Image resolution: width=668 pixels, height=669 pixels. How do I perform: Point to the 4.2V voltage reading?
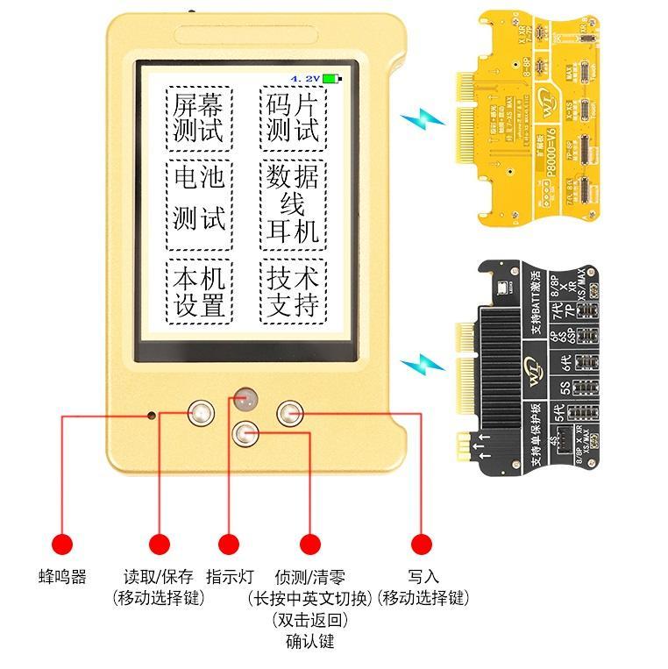pos(305,79)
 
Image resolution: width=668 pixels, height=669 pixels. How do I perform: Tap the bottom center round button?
pos(245,433)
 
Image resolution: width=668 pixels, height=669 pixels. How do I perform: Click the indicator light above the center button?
pos(245,398)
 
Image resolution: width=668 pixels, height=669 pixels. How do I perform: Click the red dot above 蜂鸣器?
pos(62,543)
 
